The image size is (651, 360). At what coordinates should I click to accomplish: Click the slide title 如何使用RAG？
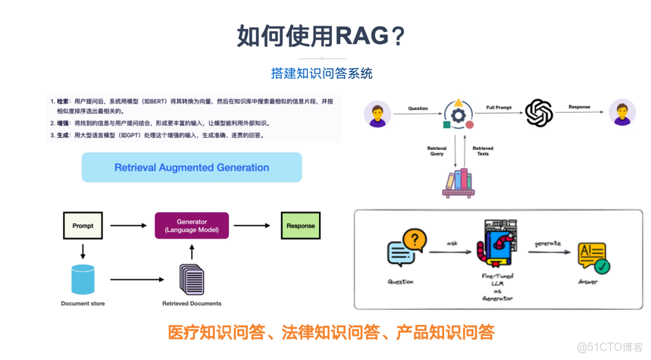(321, 35)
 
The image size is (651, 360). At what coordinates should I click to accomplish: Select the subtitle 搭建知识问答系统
(321, 74)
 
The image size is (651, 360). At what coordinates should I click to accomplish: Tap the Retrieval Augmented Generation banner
(192, 167)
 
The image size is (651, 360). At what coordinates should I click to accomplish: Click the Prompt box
(83, 226)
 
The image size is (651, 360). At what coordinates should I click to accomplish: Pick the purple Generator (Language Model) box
(192, 226)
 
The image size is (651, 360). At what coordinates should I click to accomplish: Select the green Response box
(300, 226)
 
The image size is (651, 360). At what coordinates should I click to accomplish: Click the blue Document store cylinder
(83, 280)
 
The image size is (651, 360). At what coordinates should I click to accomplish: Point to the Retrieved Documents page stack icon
(192, 279)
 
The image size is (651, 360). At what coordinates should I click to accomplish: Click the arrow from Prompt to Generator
(128, 226)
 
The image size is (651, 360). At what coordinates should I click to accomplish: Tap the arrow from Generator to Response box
(252, 226)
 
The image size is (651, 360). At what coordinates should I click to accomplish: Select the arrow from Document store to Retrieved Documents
(136, 280)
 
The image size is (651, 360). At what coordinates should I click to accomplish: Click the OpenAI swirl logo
(539, 114)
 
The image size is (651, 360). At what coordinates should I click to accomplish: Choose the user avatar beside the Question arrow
(377, 114)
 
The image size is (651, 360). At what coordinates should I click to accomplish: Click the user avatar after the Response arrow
(622, 113)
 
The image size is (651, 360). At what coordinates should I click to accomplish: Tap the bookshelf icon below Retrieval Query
(458, 183)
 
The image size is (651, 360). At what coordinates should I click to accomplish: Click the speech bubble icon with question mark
(406, 248)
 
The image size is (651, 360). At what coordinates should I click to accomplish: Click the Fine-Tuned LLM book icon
(497, 245)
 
